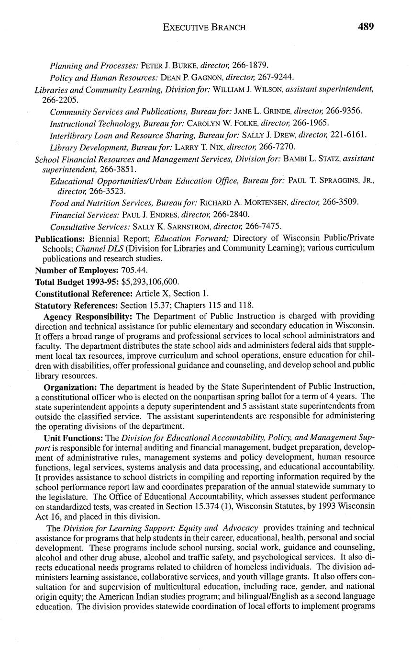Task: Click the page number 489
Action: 366,27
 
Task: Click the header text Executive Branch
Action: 204,27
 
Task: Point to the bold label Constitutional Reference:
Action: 84,294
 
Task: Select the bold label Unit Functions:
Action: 74,438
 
